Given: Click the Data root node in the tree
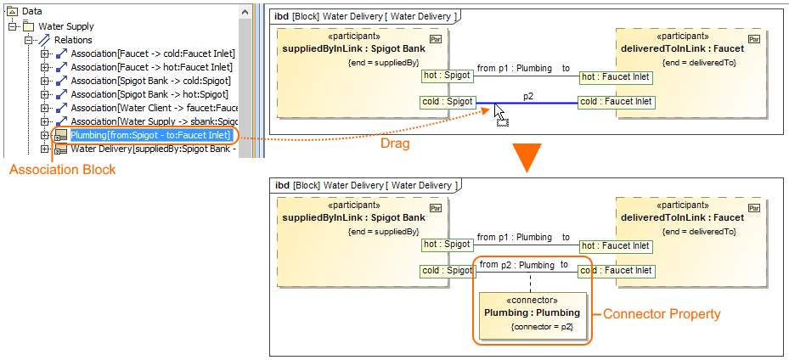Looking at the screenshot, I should pos(32,11).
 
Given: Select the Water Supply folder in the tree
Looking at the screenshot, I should pos(61,25).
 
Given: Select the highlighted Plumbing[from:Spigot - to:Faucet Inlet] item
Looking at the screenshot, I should pos(149,136).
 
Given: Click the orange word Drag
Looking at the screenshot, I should pos(395,143).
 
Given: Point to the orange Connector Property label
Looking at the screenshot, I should pos(662,314).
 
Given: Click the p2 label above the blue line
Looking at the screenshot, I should pos(528,96).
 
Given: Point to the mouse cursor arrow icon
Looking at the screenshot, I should pos(499,111).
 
